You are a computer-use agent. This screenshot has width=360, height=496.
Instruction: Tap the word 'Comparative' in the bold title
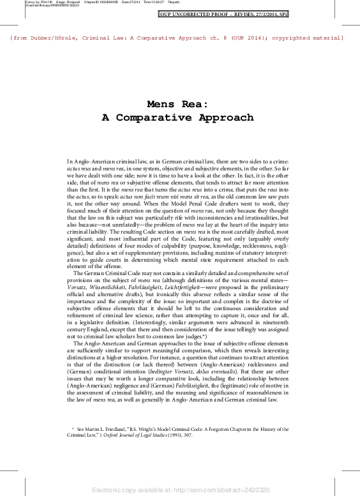pos(174,118)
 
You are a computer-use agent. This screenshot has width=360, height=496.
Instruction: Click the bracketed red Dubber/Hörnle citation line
pos(177,38)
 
